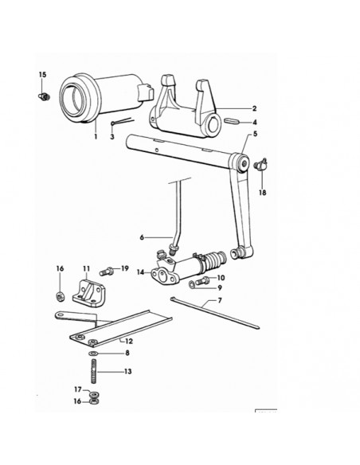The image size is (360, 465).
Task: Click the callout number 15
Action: (43, 74)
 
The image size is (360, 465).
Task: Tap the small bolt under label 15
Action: (44, 96)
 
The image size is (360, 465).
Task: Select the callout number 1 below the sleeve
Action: (96, 137)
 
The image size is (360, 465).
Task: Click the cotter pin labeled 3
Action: (123, 122)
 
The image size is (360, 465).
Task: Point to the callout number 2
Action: (254, 108)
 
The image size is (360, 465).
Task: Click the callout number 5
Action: (255, 134)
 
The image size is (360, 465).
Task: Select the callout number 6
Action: (142, 237)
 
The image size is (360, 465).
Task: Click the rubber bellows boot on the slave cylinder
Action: (216, 259)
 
